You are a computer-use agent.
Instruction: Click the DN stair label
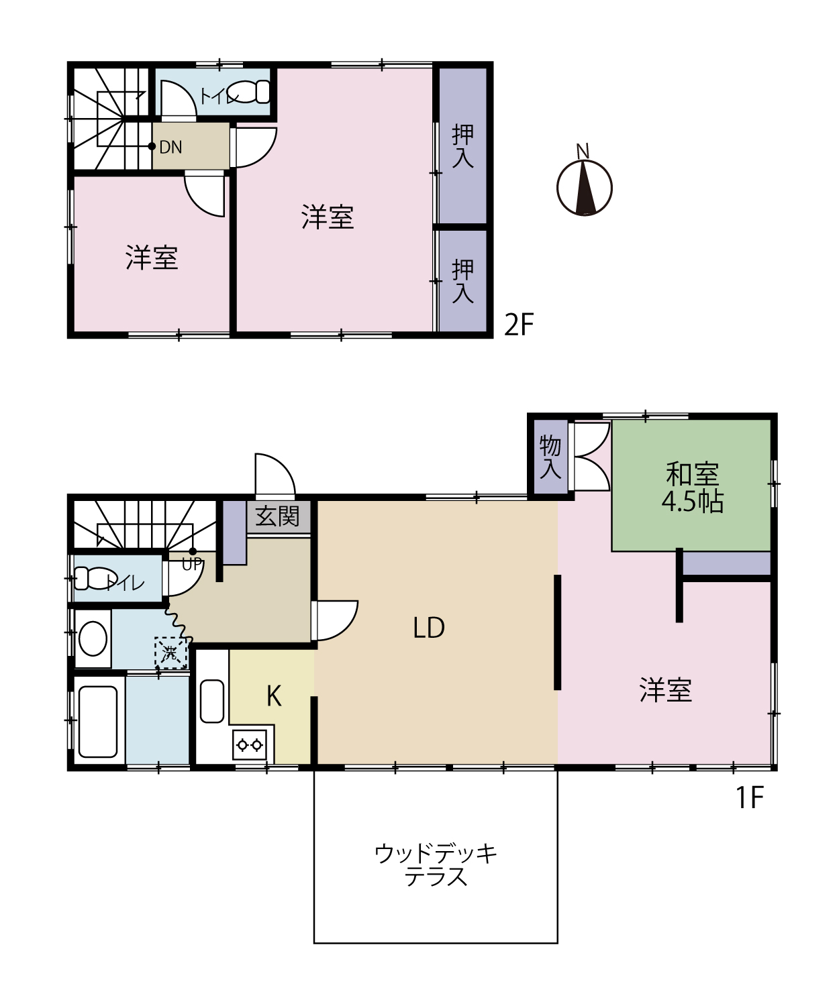[x=170, y=148]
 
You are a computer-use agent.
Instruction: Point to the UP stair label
[x=191, y=565]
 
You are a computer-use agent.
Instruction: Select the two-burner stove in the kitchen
[x=250, y=745]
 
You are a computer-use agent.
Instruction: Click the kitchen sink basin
[x=211, y=702]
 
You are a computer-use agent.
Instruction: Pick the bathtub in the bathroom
[x=98, y=722]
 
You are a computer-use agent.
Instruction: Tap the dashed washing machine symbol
[x=170, y=653]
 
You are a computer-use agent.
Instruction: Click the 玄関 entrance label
[x=277, y=516]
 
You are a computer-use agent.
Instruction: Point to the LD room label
[x=429, y=628]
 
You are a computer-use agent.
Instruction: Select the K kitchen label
[x=274, y=696]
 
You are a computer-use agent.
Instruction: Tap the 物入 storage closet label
[x=550, y=456]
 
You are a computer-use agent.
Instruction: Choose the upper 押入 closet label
[x=462, y=146]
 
